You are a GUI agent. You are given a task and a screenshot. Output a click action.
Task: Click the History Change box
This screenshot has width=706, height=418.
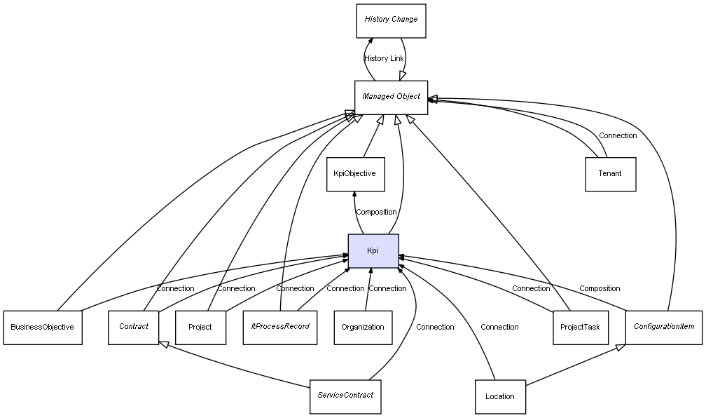[x=390, y=20]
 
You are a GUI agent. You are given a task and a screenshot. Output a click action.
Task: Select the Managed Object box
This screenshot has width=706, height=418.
[x=391, y=97]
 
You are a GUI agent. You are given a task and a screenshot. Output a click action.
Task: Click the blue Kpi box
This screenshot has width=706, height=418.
[x=373, y=251]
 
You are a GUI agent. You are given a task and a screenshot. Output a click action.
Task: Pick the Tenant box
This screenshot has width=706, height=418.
[x=609, y=174]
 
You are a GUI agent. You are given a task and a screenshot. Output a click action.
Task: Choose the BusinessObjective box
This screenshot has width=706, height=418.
[x=43, y=328]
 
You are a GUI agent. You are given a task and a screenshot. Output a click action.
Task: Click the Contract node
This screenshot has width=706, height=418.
[x=133, y=327]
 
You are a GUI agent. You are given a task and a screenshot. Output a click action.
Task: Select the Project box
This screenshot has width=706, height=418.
[x=200, y=328]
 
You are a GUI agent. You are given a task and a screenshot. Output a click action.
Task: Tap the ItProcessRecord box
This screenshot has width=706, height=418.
[x=279, y=327]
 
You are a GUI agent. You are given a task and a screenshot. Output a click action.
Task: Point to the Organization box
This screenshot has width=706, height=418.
[x=363, y=328]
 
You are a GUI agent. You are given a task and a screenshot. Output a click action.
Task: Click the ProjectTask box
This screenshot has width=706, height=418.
[x=580, y=328]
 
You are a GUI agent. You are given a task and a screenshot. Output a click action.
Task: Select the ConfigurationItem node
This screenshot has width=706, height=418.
[x=663, y=327]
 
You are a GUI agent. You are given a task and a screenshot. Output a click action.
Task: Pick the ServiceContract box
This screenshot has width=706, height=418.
[x=345, y=396]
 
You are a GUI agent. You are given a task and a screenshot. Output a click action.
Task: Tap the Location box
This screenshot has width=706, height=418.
[x=499, y=397]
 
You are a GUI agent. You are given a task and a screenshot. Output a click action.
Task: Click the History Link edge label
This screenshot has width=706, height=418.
[x=384, y=58]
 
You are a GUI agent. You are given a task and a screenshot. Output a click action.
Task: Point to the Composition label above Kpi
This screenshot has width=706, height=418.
[x=376, y=212]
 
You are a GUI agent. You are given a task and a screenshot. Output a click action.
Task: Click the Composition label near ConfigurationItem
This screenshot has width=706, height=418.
[x=599, y=288]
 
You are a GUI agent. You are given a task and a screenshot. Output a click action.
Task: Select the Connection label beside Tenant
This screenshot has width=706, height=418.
[x=618, y=135]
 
